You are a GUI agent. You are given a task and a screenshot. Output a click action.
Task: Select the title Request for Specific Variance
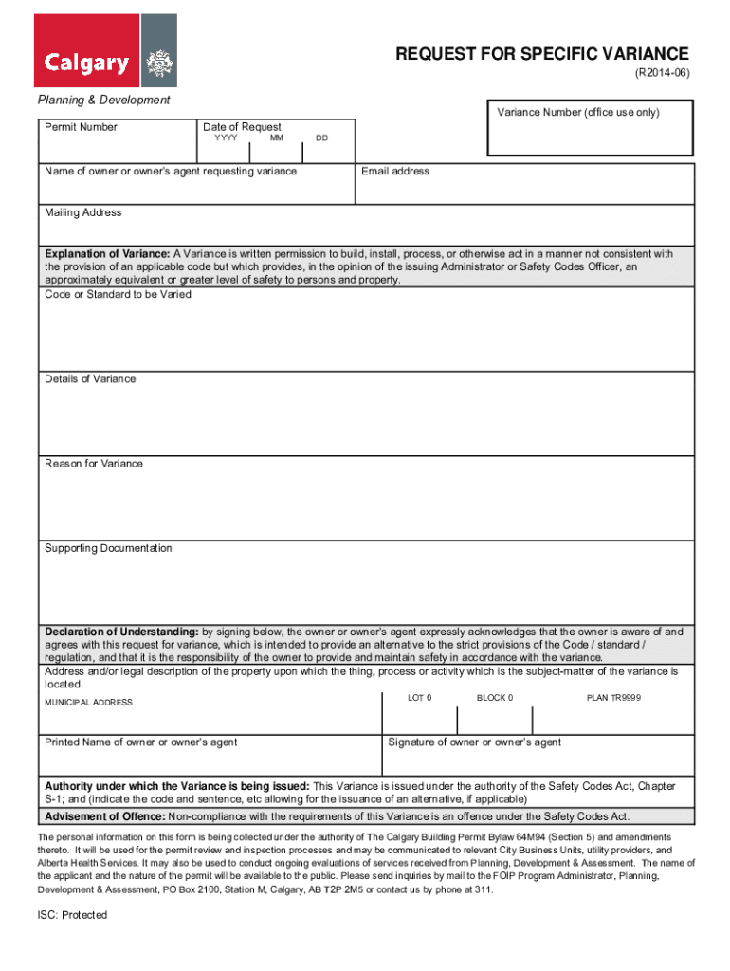coord(542,54)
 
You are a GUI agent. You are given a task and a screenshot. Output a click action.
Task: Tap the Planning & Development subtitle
coord(103,100)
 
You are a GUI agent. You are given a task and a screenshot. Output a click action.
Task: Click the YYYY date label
coord(226,138)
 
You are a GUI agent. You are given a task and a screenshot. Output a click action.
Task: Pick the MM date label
coord(276,138)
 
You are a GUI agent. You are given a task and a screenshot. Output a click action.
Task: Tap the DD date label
coord(322,138)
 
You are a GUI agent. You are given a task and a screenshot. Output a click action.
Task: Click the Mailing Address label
coord(83,213)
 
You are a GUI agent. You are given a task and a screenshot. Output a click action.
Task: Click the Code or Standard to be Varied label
coord(118,295)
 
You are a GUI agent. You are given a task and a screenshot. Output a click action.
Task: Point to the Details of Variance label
coord(90,379)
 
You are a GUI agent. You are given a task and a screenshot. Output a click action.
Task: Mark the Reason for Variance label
coord(94,464)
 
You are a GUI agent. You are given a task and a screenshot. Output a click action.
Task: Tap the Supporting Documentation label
coord(108,548)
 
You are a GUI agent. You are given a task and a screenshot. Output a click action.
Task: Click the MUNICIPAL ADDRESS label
coord(88,703)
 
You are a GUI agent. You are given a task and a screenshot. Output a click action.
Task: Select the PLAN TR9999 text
coord(613,698)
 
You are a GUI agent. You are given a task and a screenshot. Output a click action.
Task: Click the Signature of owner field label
coord(474,742)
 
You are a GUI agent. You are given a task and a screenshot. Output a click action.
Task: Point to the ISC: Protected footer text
coord(72,915)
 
